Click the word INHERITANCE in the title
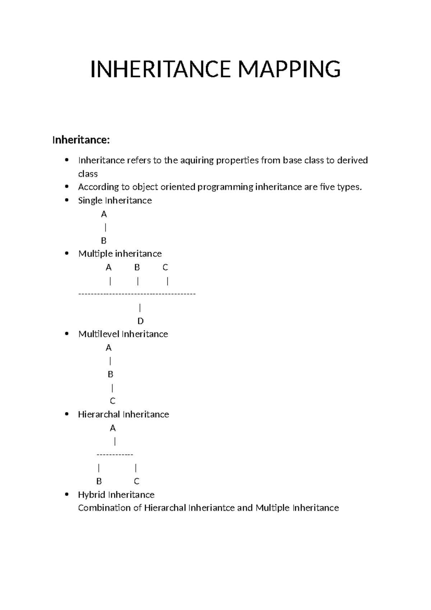click(x=160, y=69)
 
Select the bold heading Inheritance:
click(x=81, y=140)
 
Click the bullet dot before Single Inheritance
click(x=66, y=201)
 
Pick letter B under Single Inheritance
click(x=104, y=241)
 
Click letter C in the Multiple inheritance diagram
click(x=165, y=268)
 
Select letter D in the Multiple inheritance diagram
click(x=140, y=321)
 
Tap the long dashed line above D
click(x=137, y=294)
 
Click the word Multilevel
click(x=99, y=334)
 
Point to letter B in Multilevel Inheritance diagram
click(x=110, y=374)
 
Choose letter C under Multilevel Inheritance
click(x=112, y=401)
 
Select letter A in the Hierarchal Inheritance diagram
click(x=113, y=428)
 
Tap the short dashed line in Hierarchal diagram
click(x=115, y=455)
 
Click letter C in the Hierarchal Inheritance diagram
click(x=136, y=481)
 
